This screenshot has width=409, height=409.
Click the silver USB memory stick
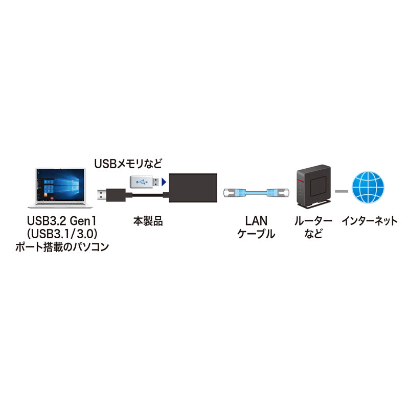144,180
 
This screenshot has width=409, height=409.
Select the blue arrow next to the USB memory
164,180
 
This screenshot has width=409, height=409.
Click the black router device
311,187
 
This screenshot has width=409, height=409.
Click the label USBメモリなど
128,164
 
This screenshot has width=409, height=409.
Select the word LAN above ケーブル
256,221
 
